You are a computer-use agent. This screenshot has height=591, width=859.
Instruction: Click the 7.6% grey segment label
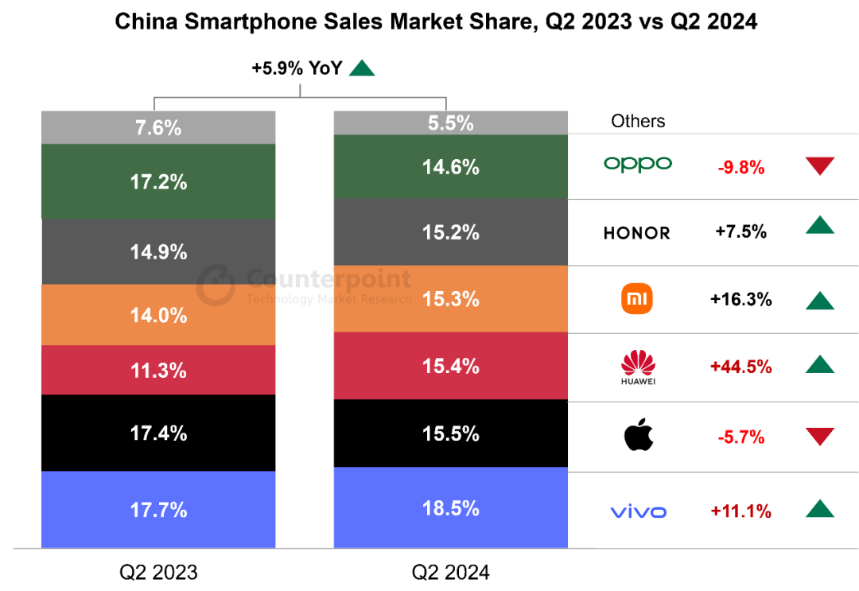click(x=158, y=127)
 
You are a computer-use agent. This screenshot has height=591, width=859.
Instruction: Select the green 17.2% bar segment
click(x=158, y=181)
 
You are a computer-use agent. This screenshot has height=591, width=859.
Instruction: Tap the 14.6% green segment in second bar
click(x=450, y=167)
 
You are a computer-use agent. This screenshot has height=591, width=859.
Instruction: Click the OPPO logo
click(x=638, y=164)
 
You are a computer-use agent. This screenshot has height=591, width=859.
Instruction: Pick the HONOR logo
click(x=637, y=232)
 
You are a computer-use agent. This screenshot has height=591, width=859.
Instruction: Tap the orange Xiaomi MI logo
click(x=637, y=299)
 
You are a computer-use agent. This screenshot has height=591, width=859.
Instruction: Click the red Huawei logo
click(x=638, y=367)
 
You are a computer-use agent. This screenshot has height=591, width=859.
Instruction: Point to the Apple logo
click(x=639, y=436)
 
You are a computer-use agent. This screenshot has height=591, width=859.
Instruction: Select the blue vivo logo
click(x=638, y=511)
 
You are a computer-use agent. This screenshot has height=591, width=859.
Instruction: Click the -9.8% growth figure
click(x=740, y=167)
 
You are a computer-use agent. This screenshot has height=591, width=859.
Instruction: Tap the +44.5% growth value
click(x=740, y=366)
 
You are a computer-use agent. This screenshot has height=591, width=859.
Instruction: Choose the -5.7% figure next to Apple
click(x=740, y=437)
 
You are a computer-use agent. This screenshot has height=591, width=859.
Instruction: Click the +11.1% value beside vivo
click(x=740, y=511)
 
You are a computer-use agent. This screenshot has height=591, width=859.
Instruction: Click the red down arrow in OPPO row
click(x=819, y=166)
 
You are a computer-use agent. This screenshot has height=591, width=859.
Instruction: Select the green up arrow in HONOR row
click(x=819, y=225)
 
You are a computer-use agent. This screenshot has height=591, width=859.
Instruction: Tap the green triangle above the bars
click(x=362, y=69)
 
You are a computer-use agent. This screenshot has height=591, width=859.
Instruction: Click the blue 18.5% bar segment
click(x=450, y=508)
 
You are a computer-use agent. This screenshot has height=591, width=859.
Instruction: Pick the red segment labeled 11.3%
click(x=158, y=370)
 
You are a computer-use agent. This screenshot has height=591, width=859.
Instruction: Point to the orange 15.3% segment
click(x=450, y=299)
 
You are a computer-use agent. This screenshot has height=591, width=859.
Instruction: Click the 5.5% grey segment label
click(x=450, y=122)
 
